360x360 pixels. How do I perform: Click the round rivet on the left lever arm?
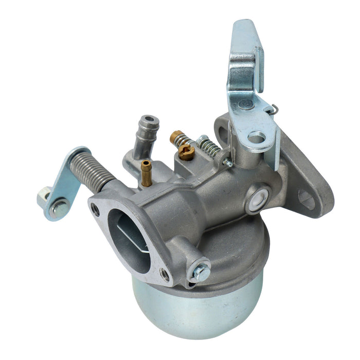click(x=60, y=207)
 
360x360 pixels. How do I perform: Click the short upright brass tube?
click(x=147, y=172)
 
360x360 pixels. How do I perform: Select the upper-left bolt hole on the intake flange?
click(x=96, y=209)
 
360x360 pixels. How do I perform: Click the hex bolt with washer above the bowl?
click(x=201, y=272)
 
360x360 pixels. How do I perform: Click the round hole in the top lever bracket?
click(x=256, y=138)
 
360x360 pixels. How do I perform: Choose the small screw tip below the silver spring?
click(x=227, y=164)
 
